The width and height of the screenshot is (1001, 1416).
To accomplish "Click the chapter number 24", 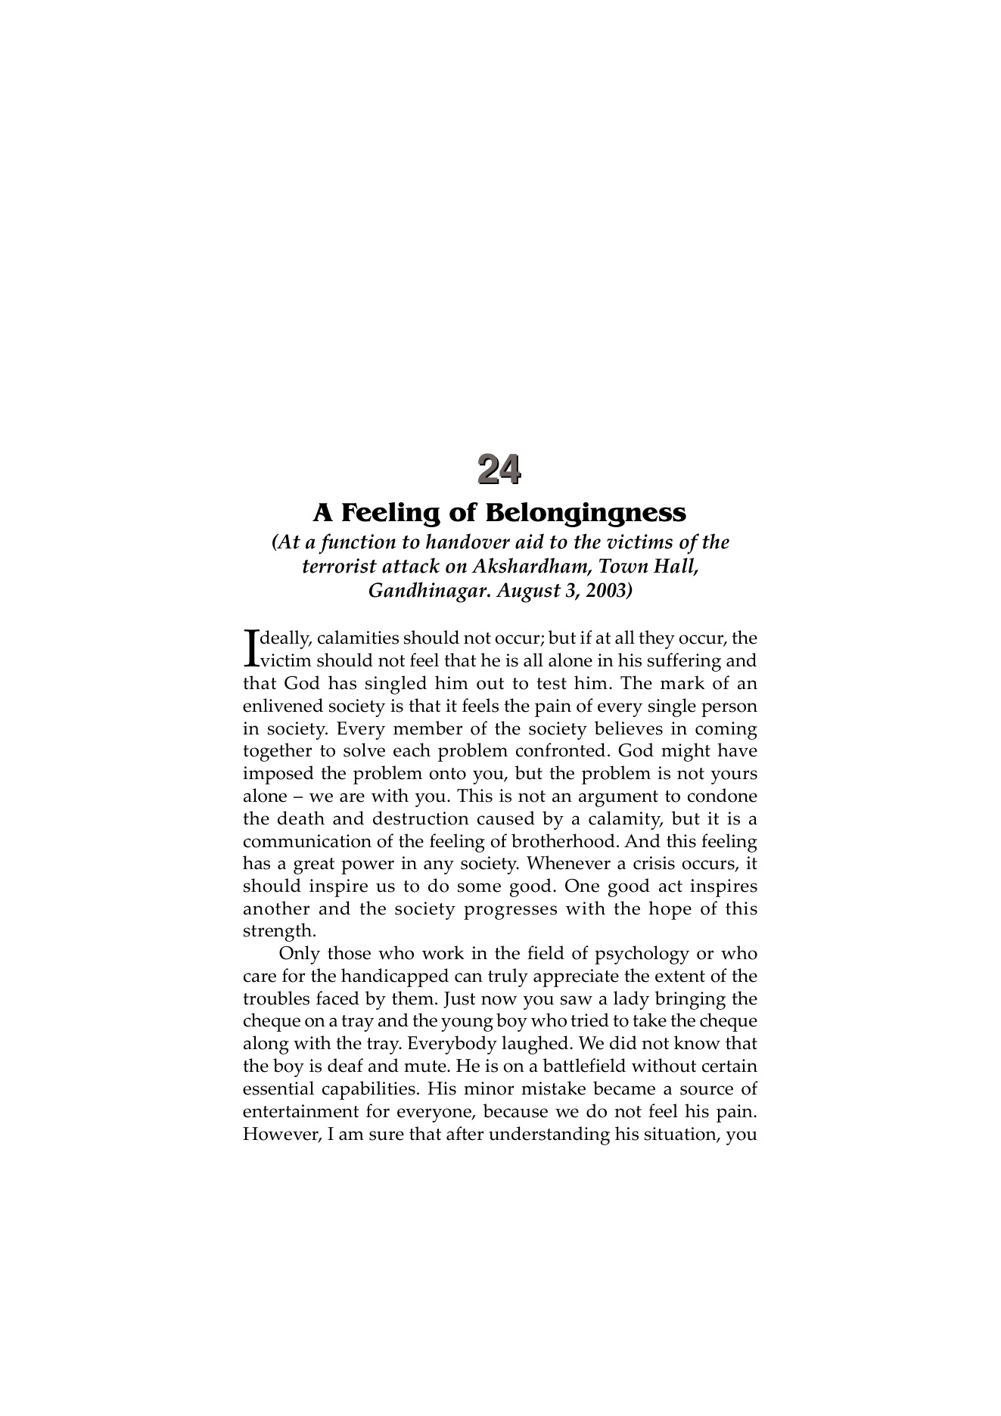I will pyautogui.click(x=499, y=470).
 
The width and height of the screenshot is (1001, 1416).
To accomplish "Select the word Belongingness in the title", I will pyautogui.click(x=585, y=513).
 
